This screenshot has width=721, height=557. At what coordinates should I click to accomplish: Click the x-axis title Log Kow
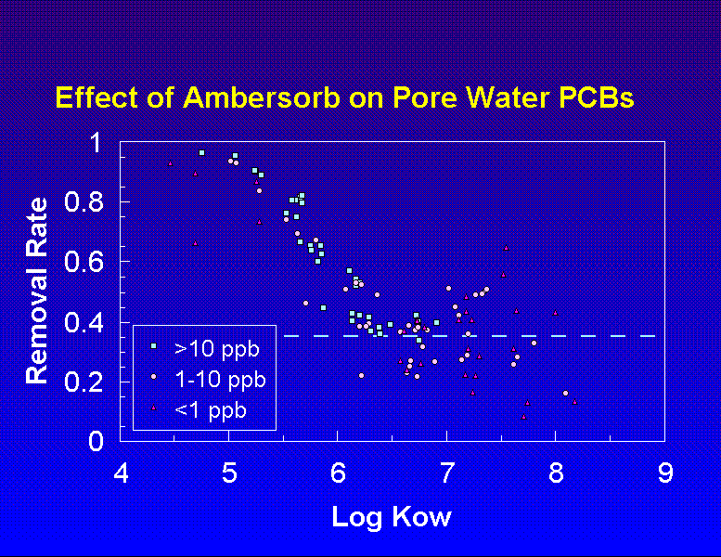click(391, 516)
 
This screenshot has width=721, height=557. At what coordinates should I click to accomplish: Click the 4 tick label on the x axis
click(121, 473)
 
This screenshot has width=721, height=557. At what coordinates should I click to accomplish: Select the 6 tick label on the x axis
click(339, 473)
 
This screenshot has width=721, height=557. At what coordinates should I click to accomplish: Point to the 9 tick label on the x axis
click(665, 473)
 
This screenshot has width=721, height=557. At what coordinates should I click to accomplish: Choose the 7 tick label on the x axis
click(447, 473)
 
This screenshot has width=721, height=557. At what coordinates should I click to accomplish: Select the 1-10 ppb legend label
click(221, 380)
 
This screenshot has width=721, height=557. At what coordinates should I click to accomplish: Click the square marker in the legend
click(154, 347)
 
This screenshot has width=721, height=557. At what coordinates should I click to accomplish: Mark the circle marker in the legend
click(154, 378)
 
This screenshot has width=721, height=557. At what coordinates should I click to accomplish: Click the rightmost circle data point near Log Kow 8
click(565, 393)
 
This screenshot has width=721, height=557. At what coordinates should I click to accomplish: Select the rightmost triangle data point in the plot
click(574, 402)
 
